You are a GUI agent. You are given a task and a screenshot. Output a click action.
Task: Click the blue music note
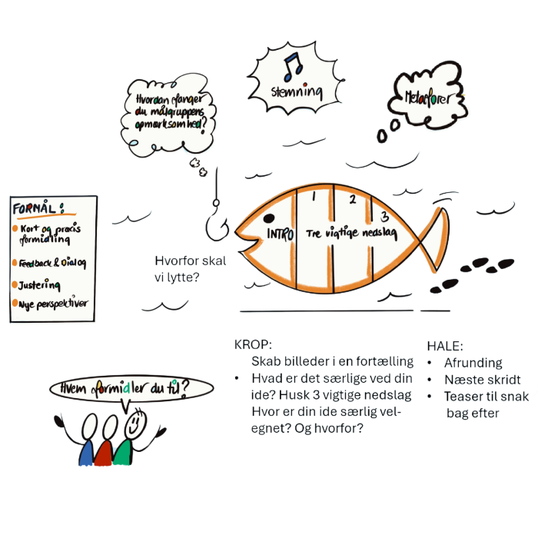[x=293, y=68]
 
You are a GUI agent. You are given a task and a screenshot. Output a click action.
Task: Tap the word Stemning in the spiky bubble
[x=297, y=91]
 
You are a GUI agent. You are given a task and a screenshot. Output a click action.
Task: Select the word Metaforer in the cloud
[x=427, y=98]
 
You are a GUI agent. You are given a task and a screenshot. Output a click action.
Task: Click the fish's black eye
[x=269, y=218]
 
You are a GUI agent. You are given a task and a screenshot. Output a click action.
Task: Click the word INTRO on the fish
[x=281, y=234]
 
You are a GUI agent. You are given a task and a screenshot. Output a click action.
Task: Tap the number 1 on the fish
[x=314, y=196]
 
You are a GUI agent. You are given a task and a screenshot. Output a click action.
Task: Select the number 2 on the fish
[x=353, y=199]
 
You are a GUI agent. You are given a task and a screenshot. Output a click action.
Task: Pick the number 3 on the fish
[x=384, y=216]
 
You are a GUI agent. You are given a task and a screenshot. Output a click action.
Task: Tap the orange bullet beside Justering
[x=15, y=284]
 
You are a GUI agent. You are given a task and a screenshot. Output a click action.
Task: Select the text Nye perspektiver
[x=53, y=304]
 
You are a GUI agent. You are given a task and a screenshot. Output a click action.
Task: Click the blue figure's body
[x=86, y=453]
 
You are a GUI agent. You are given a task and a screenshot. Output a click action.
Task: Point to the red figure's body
[x=103, y=453]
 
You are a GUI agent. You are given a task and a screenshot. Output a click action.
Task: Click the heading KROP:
[x=253, y=344]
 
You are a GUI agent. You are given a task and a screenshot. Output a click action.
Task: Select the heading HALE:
[x=445, y=346]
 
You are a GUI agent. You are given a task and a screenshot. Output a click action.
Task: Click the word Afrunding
[x=473, y=363]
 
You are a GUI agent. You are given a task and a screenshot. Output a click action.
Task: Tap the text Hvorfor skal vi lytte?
[x=190, y=269]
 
